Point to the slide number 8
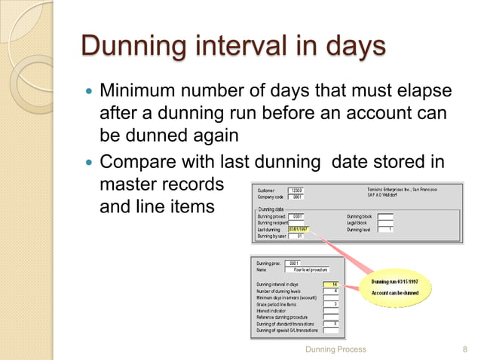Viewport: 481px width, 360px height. (464, 349)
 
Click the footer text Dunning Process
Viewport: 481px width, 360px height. (335, 349)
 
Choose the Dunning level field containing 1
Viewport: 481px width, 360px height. (385, 230)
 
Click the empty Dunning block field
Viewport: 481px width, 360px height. (385, 216)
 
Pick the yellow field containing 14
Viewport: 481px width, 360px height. (329, 284)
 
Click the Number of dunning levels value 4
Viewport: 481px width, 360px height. (329, 291)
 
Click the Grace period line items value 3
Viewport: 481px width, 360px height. (329, 304)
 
